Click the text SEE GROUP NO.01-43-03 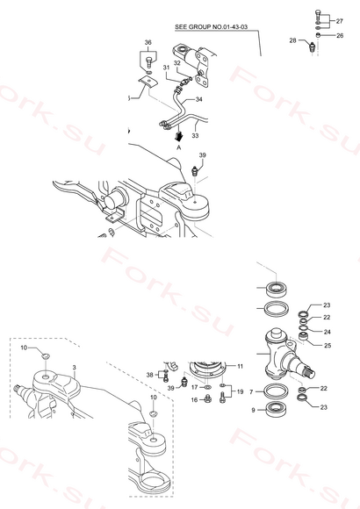pos(212,27)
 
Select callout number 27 pos(339,21)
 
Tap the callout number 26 pos(340,35)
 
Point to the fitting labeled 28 pos(313,47)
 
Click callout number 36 pos(148,42)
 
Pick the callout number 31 pos(166,68)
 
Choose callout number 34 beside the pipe pos(198,99)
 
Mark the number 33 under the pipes pos(195,135)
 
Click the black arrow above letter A pos(178,136)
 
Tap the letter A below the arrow pos(178,147)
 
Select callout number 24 pos(327,332)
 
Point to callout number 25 pos(328,346)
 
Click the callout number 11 pos(240,366)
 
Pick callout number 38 pos(149,375)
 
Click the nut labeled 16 pos(207,399)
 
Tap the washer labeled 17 pos(207,387)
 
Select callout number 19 pos(240,391)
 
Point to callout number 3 pos(75,368)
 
